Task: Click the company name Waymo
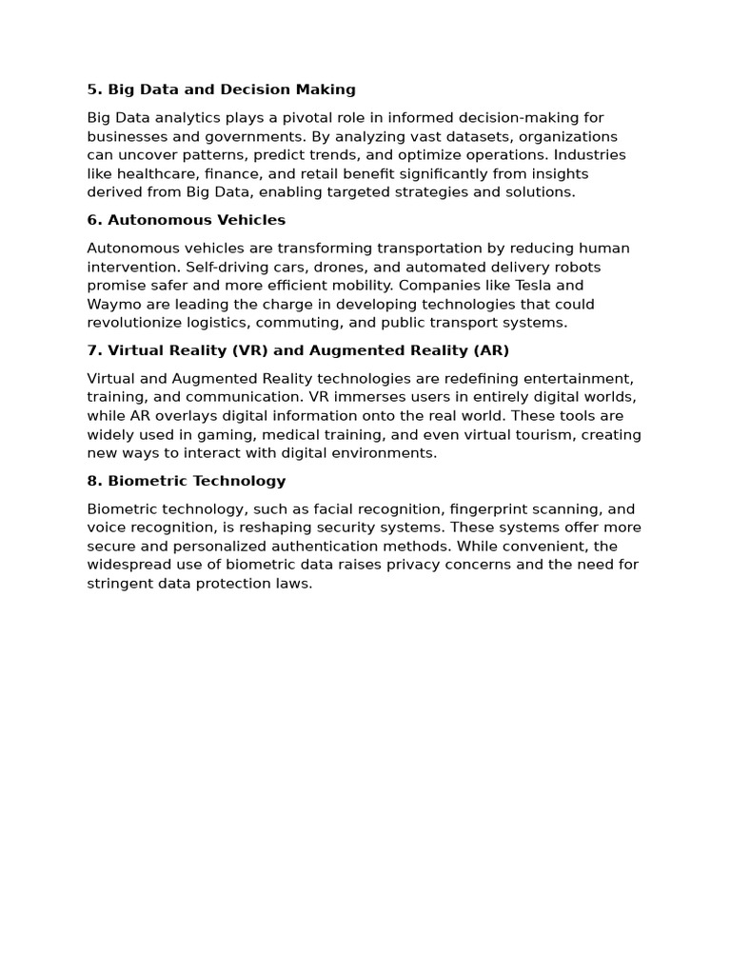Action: pos(113,305)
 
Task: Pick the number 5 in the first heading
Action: pos(92,90)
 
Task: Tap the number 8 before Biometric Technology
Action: pos(92,481)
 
